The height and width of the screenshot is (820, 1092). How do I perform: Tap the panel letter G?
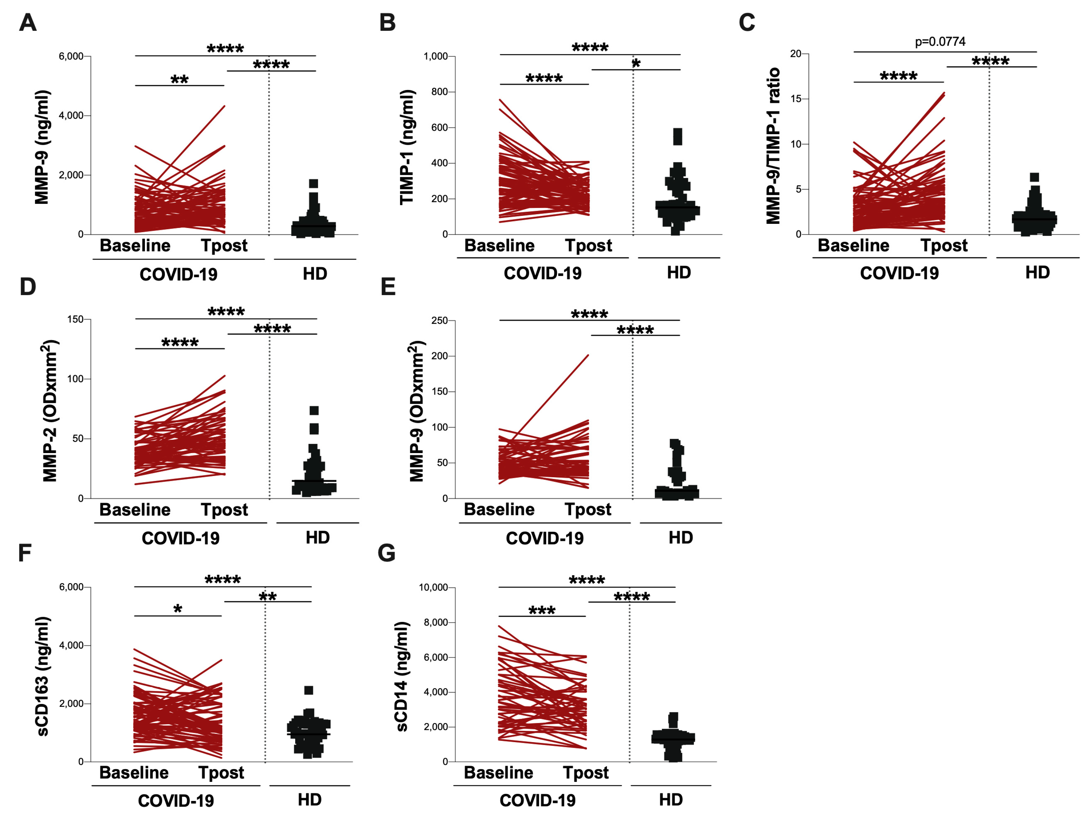coord(387,553)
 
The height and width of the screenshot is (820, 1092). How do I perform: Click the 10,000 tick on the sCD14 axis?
coord(433,587)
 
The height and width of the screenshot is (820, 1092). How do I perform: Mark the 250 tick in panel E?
coord(439,320)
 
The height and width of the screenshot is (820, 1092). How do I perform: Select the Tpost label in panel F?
coord(221,773)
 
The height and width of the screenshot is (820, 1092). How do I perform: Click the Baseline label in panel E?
coord(499,509)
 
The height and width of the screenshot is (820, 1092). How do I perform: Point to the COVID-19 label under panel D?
coord(181,538)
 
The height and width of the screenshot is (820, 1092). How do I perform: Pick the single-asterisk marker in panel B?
coord(636,63)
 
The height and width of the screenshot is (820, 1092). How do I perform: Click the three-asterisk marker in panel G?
coord(542,610)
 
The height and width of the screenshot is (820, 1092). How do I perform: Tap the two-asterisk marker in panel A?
coord(180,79)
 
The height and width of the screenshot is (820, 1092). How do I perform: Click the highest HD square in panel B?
coord(678,133)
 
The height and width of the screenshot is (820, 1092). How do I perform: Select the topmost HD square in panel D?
coord(314,410)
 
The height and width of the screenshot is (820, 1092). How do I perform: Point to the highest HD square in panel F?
coord(309,690)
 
